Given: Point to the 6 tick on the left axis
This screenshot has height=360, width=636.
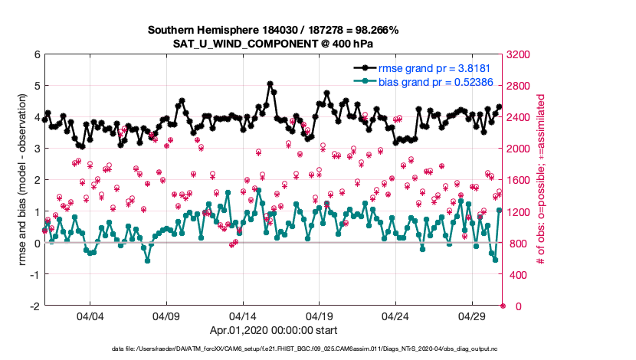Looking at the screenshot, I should coord(37,55).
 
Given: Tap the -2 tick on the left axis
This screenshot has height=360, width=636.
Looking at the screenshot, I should coord(35,306).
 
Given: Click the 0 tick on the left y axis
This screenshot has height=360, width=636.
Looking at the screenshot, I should coord(37,243).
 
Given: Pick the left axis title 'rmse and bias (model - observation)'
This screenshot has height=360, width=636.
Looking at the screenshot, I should coord(22,180).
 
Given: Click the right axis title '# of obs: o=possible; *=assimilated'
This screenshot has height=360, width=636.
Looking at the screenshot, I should coord(540,180).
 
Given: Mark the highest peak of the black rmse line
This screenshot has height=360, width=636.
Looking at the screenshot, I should coord(270,83).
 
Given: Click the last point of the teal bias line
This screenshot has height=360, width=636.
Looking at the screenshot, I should coord(499,210).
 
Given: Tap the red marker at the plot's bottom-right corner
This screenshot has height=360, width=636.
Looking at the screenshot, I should coord(503,306).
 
